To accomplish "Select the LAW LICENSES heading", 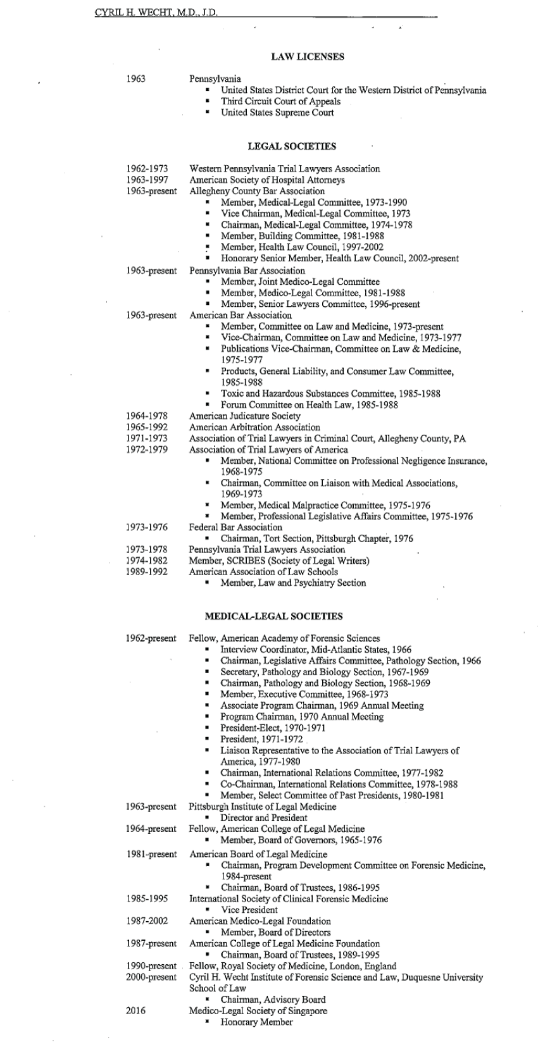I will [x=308, y=57].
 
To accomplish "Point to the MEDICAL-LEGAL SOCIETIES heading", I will [x=274, y=616].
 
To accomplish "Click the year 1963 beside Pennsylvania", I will [x=136, y=79].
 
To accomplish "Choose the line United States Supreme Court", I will [x=277, y=113].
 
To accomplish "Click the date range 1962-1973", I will [x=147, y=169].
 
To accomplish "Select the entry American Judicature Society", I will [x=245, y=416].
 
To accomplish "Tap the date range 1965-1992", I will [x=147, y=428].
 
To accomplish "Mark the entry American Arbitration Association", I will [x=254, y=428].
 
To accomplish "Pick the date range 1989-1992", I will [x=147, y=572].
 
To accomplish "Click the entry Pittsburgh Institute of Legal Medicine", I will [x=263, y=807].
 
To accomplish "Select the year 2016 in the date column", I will [x=136, y=1011].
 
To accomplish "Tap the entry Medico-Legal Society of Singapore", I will [x=258, y=1011].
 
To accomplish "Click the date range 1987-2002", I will [x=147, y=921].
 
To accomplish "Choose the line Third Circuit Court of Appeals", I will [x=280, y=101].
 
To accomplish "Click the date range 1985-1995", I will [x=147, y=898].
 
